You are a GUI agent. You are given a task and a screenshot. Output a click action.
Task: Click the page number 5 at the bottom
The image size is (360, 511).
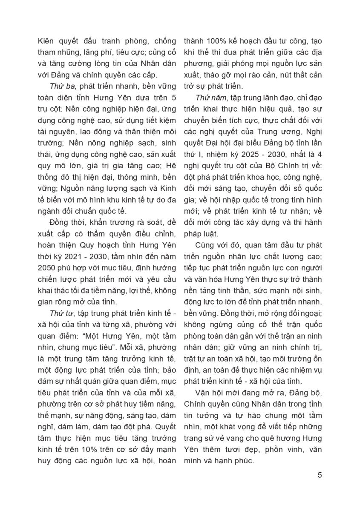pyautogui.click(x=320, y=475)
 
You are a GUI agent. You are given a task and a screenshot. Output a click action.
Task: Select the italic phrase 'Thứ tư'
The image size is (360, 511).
pyautogui.click(x=59, y=313)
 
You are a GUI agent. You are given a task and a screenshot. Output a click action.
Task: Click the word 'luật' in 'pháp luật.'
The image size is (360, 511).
pyautogui.click(x=209, y=233)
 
